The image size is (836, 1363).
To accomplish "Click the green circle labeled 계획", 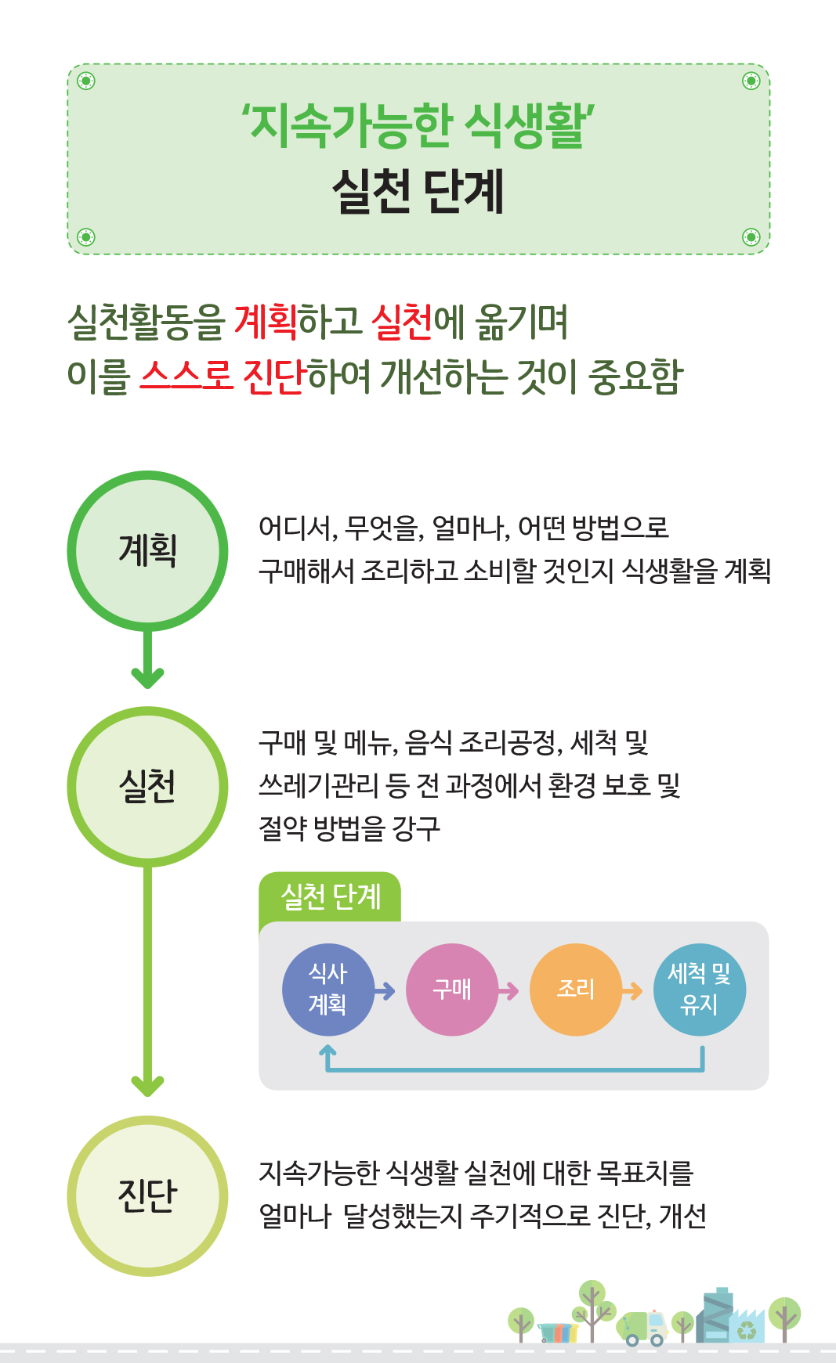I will (x=147, y=550).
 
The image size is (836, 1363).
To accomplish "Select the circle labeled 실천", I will (x=147, y=787).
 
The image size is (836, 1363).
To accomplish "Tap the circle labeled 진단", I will (x=147, y=1195).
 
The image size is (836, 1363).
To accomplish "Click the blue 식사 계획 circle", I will (x=328, y=990).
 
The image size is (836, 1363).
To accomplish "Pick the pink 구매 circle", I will (x=452, y=990).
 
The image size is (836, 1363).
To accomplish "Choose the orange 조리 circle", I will (x=576, y=990).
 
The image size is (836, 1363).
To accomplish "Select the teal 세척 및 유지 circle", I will (x=700, y=990).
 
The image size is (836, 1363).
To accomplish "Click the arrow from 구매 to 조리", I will (x=508, y=991).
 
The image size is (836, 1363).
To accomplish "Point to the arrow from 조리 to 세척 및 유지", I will (x=632, y=991).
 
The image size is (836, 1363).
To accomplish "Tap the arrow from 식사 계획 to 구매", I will (x=385, y=991).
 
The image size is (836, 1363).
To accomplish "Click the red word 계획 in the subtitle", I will (x=266, y=322).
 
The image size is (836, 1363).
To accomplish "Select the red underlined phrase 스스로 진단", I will (x=221, y=377).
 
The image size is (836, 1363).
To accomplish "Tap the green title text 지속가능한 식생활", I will (x=418, y=125).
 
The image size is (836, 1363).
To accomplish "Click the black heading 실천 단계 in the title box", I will (x=418, y=191).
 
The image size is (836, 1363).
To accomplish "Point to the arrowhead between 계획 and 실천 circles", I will (x=147, y=676).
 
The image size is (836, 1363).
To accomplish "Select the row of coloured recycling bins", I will (x=558, y=1332).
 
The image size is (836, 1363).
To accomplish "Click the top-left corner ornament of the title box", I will (x=86, y=81).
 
